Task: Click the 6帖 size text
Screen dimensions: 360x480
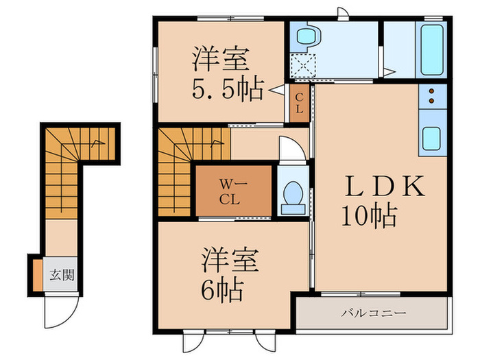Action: point(222,291)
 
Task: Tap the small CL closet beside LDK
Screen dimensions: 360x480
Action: point(300,104)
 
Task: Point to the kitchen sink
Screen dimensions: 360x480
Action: point(432,140)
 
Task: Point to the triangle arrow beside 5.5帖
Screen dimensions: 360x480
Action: point(274,89)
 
